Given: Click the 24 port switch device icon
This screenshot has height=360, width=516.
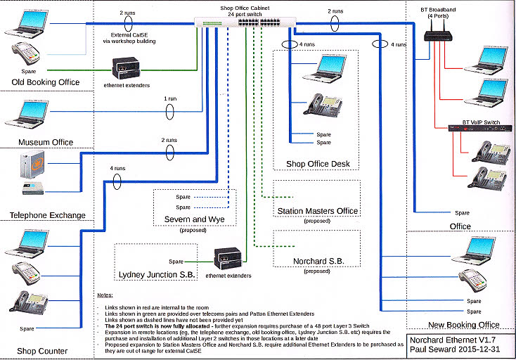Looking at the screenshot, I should (246, 22).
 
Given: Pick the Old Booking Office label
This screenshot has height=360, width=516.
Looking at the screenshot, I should (46, 83).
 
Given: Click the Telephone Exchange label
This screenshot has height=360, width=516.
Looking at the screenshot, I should (47, 215).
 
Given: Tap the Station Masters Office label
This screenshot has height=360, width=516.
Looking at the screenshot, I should (318, 211).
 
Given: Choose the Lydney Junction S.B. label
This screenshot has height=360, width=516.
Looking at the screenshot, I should (156, 273).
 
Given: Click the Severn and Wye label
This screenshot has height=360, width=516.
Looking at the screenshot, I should (194, 220).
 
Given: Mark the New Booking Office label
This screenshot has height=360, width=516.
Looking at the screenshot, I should (463, 325).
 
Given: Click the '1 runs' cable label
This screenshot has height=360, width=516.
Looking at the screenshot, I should (169, 99).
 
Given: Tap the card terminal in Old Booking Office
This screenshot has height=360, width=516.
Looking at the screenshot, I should (22, 54).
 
